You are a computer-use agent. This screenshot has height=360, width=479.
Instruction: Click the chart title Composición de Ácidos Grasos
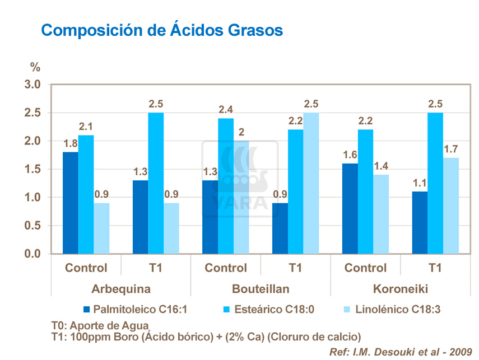(x=162, y=30)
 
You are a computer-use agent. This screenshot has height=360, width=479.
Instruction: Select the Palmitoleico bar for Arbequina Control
(x=71, y=203)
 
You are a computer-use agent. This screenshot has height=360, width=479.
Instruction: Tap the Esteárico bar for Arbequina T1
(x=156, y=183)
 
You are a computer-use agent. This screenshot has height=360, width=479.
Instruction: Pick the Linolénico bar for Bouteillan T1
(x=311, y=183)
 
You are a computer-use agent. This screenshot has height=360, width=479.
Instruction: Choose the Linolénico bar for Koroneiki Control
(x=381, y=214)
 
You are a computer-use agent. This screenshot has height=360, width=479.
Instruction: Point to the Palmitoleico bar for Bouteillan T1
(x=280, y=228)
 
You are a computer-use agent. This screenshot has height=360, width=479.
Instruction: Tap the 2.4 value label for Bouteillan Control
(x=226, y=110)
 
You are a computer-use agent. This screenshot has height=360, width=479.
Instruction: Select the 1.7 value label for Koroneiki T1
(x=451, y=150)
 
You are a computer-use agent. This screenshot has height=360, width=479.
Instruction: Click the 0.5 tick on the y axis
(x=33, y=226)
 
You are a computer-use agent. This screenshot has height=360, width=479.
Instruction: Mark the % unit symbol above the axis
(x=35, y=68)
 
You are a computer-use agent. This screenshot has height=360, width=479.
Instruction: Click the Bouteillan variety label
(x=261, y=289)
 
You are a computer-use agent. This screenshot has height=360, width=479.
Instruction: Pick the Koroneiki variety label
(x=400, y=289)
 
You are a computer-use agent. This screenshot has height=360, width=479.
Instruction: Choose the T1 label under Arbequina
(x=156, y=268)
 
